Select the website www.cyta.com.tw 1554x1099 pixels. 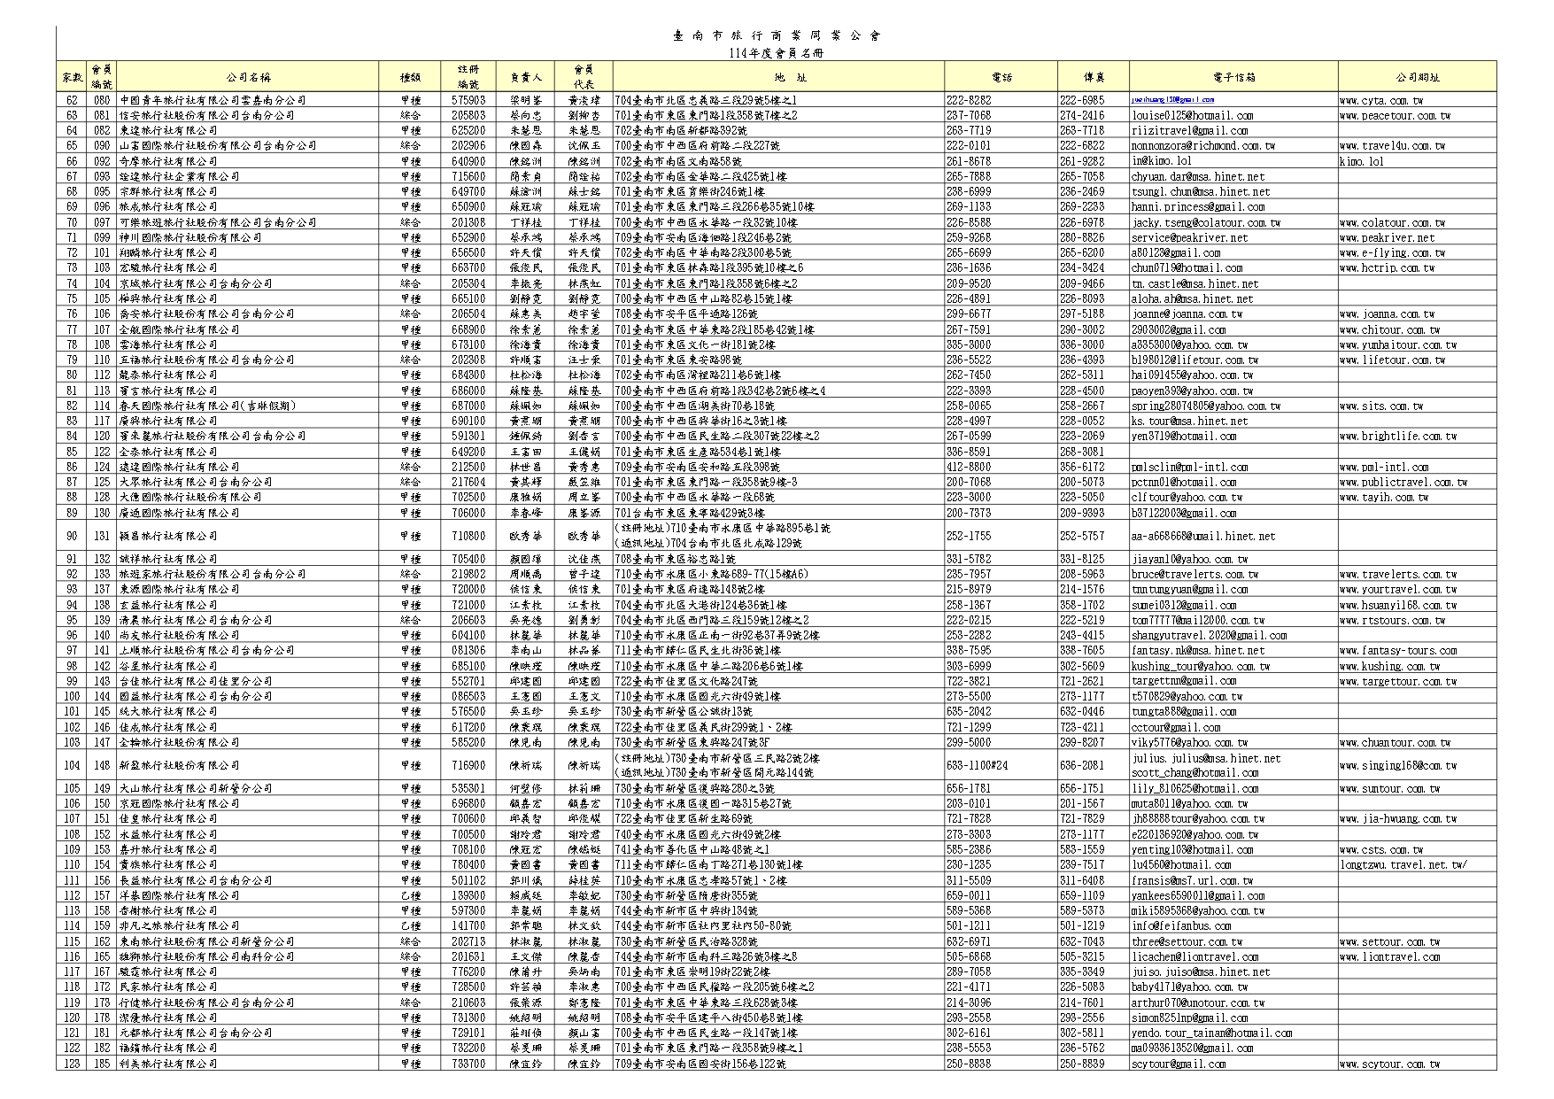click(1380, 100)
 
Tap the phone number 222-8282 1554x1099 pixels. click(969, 100)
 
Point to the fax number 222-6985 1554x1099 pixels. click(1082, 100)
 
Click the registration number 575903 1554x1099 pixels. click(468, 100)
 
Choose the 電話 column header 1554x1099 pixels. click(1001, 77)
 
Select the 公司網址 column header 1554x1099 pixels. click(1417, 77)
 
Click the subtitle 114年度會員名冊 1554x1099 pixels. click(776, 53)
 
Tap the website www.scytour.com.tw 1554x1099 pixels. click(1388, 1064)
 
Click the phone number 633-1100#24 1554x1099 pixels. click(977, 765)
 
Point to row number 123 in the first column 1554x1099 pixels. click(72, 1064)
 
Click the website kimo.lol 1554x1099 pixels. click(1361, 161)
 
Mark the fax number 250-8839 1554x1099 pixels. click(1082, 1064)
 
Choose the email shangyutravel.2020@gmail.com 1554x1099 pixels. click(1209, 635)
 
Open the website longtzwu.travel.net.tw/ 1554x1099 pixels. click(1403, 864)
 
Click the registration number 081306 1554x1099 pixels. click(468, 650)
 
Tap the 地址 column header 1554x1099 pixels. click(778, 77)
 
